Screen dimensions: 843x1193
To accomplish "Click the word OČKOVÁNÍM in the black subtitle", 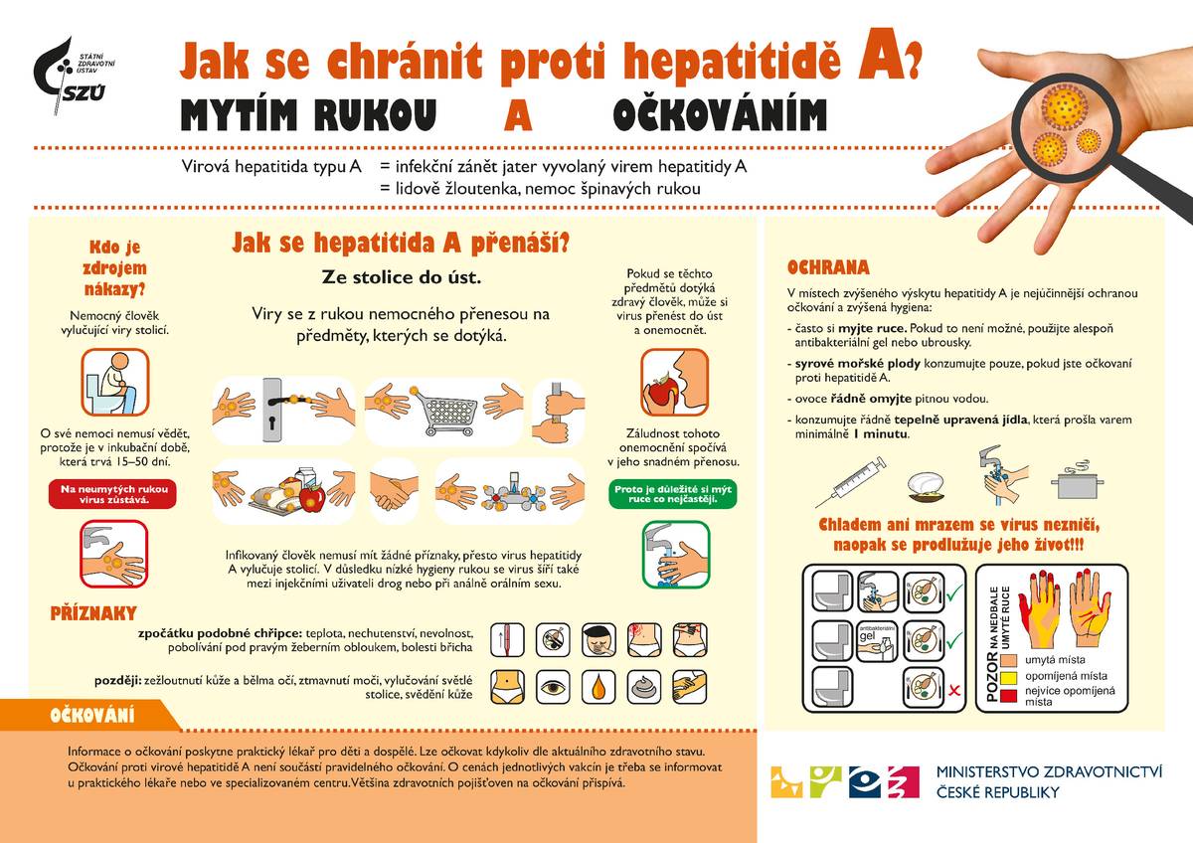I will [719, 116].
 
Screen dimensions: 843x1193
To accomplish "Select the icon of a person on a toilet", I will [112, 382].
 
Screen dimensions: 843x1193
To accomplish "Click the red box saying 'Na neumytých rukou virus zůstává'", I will [112, 494].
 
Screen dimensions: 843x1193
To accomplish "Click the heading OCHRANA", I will [827, 267].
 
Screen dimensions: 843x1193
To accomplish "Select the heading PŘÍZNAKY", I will [92, 613].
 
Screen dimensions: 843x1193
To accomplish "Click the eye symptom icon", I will [554, 685].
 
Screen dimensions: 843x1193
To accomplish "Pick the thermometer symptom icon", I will [508, 639].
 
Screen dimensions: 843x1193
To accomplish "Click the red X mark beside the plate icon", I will [953, 690].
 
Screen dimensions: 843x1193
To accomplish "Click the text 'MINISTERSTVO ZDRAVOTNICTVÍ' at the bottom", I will [1049, 770].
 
